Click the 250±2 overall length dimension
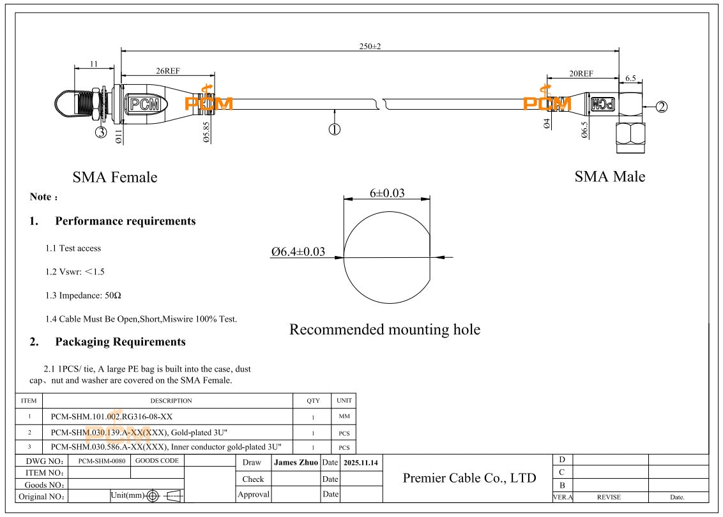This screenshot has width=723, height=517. tap(370, 47)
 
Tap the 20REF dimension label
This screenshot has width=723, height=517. tap(581, 73)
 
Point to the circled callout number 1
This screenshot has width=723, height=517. tap(334, 129)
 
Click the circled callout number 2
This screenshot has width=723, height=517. tap(662, 107)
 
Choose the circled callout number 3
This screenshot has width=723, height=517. tap(102, 132)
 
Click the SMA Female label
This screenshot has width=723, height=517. tap(114, 177)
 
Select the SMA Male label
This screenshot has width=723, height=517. tap(609, 177)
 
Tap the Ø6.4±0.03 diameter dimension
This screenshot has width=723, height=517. tap(298, 252)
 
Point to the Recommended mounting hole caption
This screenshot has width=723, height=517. tap(384, 329)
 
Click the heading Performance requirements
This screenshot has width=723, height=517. tap(125, 221)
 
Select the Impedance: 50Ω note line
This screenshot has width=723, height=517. tap(83, 296)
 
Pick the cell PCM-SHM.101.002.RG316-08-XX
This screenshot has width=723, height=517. tap(111, 417)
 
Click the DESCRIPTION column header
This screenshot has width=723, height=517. tap(171, 401)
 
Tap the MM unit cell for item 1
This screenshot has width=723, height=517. tap(344, 417)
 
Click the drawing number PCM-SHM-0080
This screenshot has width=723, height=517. tap(98, 460)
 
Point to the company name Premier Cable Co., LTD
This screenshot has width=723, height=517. tap(469, 478)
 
